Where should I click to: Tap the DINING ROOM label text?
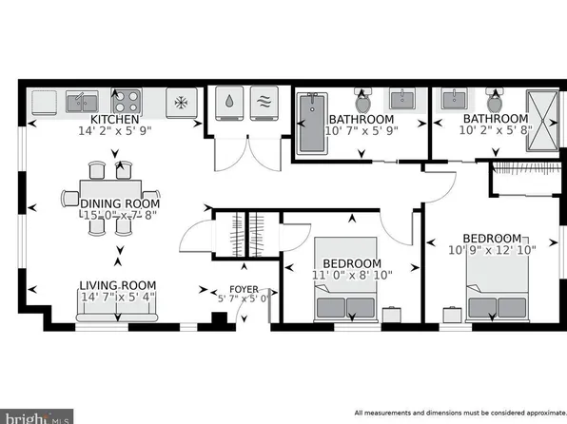coord(119,203)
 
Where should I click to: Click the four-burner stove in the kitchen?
coord(127,100)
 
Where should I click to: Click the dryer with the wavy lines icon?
coord(264,105)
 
